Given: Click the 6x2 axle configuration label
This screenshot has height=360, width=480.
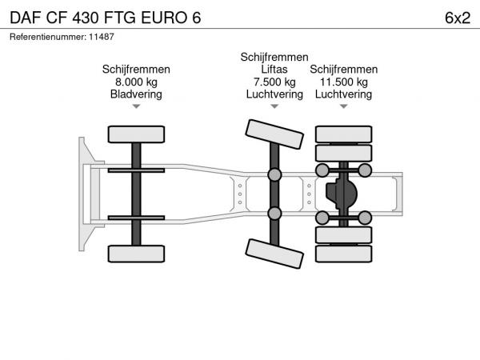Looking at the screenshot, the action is pos(458,18).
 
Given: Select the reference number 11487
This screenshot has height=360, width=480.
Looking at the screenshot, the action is pos(102,37).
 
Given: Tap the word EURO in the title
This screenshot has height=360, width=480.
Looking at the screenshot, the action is pos(163,18).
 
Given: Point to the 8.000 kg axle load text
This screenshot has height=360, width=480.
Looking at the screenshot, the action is pos(136,82).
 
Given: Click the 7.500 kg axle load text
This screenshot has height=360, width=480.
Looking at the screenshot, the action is pos(274,82).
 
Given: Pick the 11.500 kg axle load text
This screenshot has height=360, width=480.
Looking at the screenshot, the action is pos(343,82).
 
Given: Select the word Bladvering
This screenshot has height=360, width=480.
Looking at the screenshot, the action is pos(136,94).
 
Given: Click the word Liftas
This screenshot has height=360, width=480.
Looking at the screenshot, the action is pos(274,69).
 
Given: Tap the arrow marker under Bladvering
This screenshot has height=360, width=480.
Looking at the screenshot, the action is pos(136,106).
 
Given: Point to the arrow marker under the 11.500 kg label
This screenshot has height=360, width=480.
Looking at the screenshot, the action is pos(343,106).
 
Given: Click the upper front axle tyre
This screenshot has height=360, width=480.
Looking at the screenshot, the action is pos(136,134).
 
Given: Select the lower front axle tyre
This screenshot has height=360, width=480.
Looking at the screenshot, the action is pos(136,254).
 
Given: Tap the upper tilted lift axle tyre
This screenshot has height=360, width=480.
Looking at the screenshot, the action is pos(274,134).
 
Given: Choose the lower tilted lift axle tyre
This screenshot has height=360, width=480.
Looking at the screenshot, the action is pos(274,254).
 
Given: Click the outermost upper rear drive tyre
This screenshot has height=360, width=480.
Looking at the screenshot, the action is pos(343,134).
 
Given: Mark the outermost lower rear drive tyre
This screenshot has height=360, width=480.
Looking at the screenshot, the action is pos(343,254).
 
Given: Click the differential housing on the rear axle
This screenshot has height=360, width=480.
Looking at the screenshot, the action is pos(342,194).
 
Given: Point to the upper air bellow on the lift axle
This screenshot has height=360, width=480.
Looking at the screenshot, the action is pos(274,174).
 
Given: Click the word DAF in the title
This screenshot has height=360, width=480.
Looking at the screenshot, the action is pos(26,18).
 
